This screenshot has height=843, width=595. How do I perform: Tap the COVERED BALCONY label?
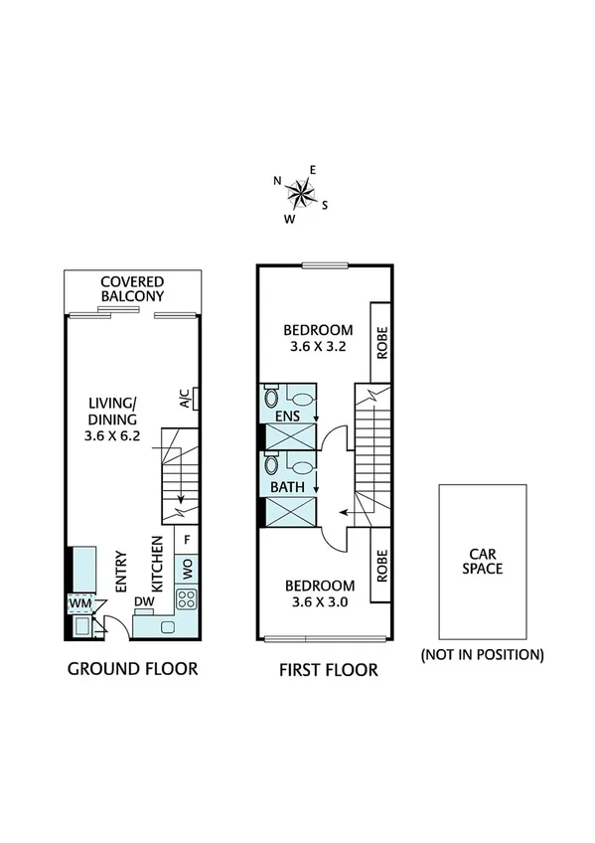(132, 288)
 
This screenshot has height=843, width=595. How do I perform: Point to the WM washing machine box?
(78, 603)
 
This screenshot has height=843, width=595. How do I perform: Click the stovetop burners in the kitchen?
(186, 598)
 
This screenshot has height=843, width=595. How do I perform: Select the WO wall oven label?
(186, 569)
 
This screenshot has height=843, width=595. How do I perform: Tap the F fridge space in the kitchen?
(186, 541)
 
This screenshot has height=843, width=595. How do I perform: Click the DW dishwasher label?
(143, 602)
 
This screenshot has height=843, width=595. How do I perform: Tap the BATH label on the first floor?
(287, 488)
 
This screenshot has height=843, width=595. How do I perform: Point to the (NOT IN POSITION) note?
(482, 655)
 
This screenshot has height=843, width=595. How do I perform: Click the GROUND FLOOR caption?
(132, 669)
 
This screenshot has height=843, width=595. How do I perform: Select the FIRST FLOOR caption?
(328, 670)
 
